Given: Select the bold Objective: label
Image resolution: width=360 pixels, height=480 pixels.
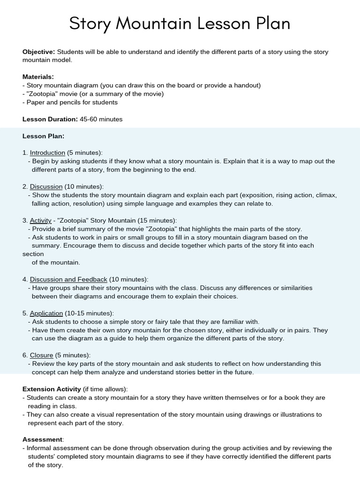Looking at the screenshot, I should (39, 52).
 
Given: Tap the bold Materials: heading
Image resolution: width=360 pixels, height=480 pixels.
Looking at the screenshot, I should (38, 76).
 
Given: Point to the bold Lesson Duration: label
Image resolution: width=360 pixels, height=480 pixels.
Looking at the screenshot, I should (50, 119).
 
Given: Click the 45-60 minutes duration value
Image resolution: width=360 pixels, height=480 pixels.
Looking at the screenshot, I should (101, 119).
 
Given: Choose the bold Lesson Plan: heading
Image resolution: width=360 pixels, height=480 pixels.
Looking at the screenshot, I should (43, 136).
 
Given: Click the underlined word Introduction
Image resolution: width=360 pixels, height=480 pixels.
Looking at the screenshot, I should (47, 152).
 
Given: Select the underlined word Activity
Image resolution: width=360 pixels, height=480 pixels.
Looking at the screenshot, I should (41, 220).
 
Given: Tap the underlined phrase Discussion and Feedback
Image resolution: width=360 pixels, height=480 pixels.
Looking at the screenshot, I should (68, 279).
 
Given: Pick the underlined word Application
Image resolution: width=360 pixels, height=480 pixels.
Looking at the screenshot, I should (46, 313).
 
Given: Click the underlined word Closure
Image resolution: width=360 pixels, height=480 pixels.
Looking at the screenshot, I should (42, 355).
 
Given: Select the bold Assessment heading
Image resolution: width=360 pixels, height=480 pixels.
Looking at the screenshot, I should (42, 440).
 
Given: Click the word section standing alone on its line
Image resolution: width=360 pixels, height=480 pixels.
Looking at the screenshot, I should (33, 254).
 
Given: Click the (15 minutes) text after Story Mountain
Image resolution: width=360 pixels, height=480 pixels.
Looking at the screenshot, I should (157, 220).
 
